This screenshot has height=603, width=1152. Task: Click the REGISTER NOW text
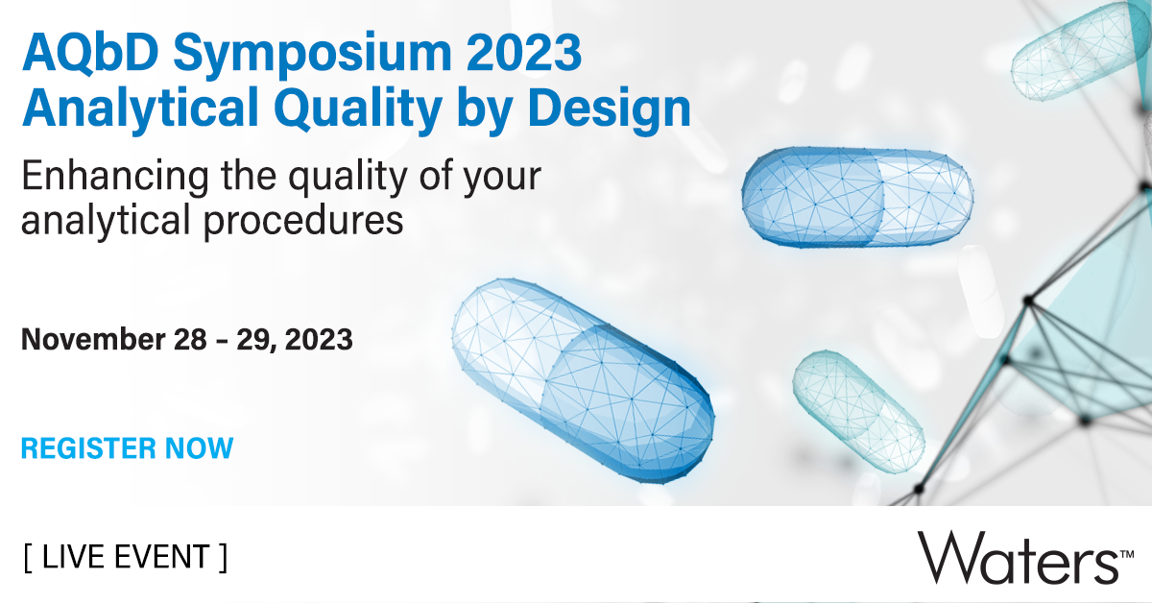tap(127, 447)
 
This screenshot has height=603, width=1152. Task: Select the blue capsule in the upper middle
tap(857, 196)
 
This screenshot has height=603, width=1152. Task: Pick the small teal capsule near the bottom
tap(857, 409)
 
